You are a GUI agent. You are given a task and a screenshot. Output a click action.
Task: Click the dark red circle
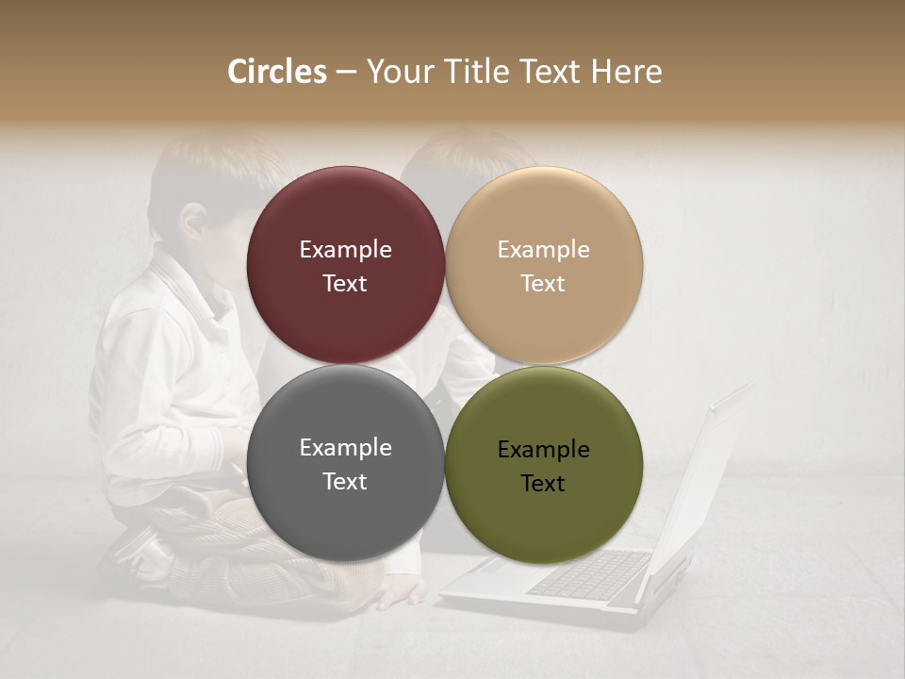click(345, 265)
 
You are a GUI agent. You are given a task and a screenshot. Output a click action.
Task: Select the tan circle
click(543, 265)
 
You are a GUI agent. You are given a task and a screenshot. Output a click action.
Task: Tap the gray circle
click(345, 463)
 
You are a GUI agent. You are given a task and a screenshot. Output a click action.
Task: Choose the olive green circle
click(543, 463)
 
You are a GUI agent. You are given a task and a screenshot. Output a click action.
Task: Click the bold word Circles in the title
click(277, 72)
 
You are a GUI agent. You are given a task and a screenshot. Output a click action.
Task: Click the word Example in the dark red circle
click(345, 249)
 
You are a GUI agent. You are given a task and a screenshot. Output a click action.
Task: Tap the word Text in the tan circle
click(543, 283)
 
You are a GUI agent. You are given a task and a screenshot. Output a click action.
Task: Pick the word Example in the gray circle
click(345, 447)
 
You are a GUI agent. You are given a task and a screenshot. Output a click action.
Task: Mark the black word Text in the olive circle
click(543, 483)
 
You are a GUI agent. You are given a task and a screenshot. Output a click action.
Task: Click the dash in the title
click(346, 73)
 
